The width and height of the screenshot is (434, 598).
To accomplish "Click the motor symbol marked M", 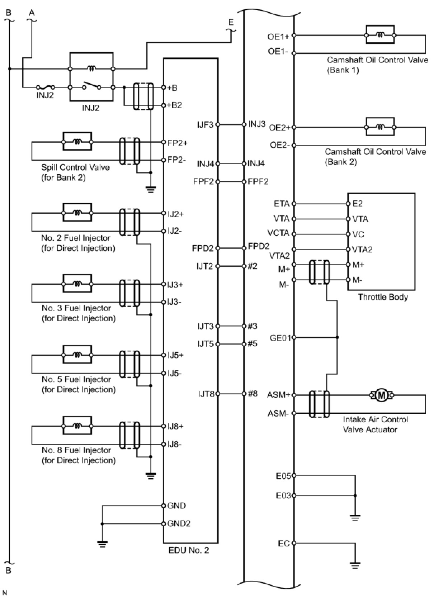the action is tap(381, 395).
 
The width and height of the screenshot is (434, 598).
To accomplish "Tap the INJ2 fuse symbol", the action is tap(46, 87).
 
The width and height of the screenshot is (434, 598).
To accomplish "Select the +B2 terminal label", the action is tap(174, 105).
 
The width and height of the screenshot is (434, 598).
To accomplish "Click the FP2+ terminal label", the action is tap(177, 143).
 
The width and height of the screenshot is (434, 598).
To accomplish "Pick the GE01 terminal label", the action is tap(280, 338).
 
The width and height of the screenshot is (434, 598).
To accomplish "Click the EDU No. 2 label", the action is tap(189, 550).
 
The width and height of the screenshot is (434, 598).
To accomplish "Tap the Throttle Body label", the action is tap(383, 297).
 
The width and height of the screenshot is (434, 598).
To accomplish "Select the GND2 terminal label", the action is tap(179, 523).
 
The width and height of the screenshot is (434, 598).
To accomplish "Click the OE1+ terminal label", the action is tap(278, 37).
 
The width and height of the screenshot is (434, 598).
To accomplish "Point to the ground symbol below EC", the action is tap(355, 565).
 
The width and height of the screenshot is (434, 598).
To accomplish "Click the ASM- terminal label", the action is tap(278, 413).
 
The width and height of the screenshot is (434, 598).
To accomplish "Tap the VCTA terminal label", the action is tap(278, 233).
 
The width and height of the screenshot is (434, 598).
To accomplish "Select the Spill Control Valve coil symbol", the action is tap(77, 142).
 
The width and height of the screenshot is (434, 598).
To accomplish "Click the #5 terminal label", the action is tap(253, 343).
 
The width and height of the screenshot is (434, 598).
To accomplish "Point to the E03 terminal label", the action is tap(283, 496).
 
